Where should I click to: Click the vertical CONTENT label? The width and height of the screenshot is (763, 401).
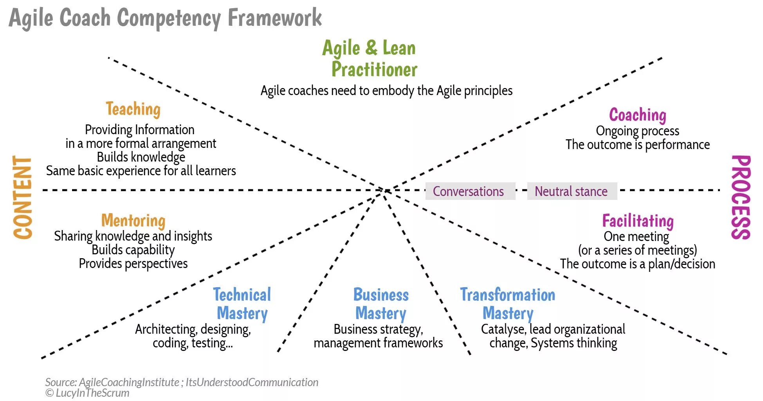pos(23,198)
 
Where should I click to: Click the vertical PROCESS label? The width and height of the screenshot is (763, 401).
pos(740,198)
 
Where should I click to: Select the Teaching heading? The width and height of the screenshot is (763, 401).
pos(133,109)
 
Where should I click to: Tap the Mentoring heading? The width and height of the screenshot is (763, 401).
pos(133,221)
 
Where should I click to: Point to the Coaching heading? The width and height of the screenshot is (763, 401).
pos(637,115)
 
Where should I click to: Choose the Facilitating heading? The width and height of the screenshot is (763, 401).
pos(638,221)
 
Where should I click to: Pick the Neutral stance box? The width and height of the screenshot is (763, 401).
pos(572,191)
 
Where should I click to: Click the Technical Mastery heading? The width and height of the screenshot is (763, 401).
pos(242,304)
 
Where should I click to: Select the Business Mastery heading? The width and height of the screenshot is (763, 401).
pos(381,304)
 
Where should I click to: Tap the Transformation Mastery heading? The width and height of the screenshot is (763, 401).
pos(508,304)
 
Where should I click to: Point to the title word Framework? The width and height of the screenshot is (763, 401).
pos(275,18)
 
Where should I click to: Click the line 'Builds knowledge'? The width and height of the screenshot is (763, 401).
pos(141,157)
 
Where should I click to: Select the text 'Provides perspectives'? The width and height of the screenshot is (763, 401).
pos(133,264)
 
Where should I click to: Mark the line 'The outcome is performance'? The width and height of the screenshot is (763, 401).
pos(637,145)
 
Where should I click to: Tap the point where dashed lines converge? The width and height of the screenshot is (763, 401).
pos(385,190)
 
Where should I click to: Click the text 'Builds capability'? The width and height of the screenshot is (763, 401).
pos(133,250)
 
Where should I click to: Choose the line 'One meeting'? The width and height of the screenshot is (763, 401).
pos(636,237)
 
